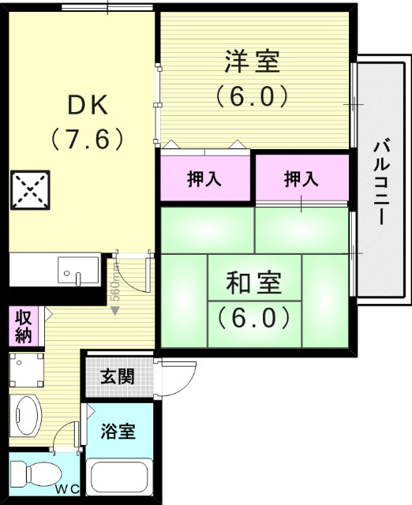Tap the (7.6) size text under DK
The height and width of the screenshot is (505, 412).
coord(88,140)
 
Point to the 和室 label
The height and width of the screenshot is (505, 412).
coord(253,282)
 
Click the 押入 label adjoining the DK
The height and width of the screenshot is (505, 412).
coord(204,178)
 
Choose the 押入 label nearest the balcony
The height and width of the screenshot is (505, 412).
coord(302,178)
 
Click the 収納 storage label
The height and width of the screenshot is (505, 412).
coord(24,326)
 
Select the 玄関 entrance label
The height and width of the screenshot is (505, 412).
coord(118,376)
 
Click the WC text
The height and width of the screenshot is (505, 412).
coord(66,489)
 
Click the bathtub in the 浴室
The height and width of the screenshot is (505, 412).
coord(119,477)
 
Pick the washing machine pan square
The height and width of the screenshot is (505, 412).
coord(28,367)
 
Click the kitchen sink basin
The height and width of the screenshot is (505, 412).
coord(77,270)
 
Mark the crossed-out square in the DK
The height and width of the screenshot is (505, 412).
coord(30,189)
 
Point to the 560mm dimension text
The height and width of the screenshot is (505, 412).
coord(114,289)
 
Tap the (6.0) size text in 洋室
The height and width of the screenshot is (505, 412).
coord(253,96)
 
